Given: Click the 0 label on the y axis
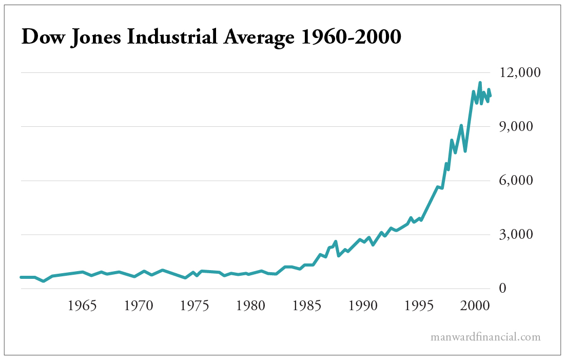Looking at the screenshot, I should (x=502, y=289).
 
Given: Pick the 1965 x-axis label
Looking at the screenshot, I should (x=83, y=306).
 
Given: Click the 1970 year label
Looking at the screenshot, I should (x=139, y=306).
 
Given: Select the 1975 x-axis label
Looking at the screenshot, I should (x=194, y=306).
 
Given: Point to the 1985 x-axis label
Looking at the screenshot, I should (x=306, y=306).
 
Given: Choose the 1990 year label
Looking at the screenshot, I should (x=363, y=306).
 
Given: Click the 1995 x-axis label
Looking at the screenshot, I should (x=419, y=306).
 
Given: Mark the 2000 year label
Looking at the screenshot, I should (x=474, y=306).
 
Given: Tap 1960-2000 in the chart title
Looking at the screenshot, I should (x=351, y=37).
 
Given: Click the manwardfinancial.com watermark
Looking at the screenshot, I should (x=485, y=337).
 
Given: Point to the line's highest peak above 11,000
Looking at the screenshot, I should (x=480, y=83).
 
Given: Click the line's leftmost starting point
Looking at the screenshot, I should (x=22, y=277).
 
